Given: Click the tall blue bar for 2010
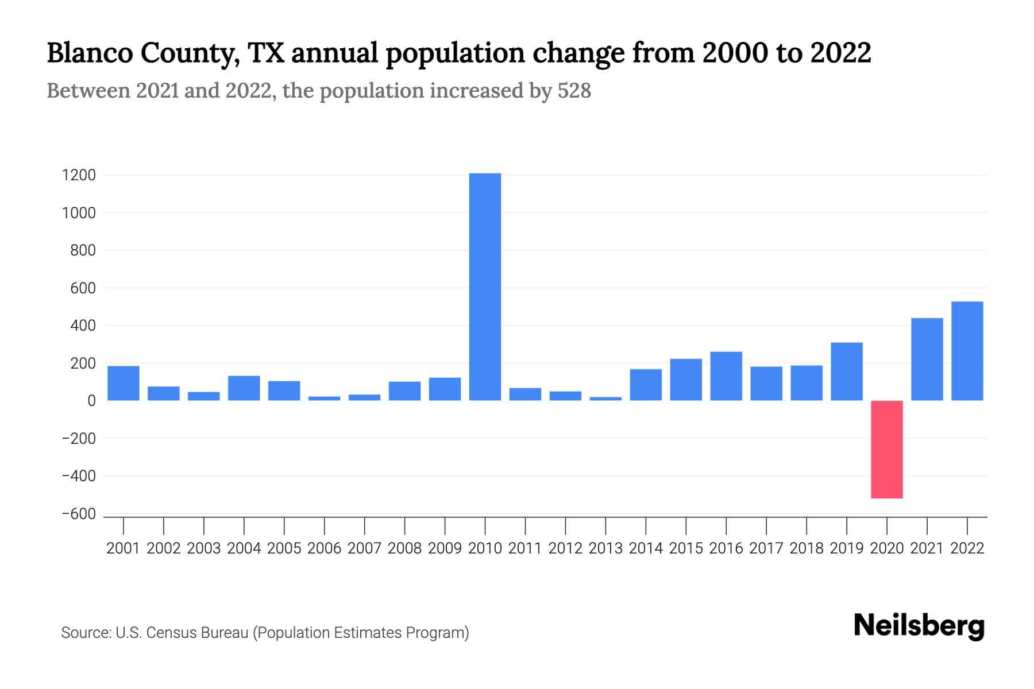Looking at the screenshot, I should pyautogui.click(x=485, y=287).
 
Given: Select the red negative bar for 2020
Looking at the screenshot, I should pyautogui.click(x=886, y=449).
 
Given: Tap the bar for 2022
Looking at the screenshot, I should pyautogui.click(x=967, y=351).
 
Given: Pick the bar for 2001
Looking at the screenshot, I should pyautogui.click(x=124, y=383).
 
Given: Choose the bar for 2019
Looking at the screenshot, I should pyautogui.click(x=846, y=371).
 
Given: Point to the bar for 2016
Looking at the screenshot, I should pyautogui.click(x=726, y=376).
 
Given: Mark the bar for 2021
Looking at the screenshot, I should pyautogui.click(x=927, y=359).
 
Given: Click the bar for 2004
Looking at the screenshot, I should pyautogui.click(x=244, y=388).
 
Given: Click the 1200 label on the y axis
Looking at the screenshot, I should pyautogui.click(x=79, y=175).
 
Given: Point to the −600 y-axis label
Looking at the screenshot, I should pyautogui.click(x=79, y=514).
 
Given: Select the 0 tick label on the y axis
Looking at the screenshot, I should pyautogui.click(x=91, y=401).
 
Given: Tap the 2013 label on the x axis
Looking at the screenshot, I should pyautogui.click(x=605, y=548).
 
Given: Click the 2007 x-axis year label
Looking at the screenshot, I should pyautogui.click(x=365, y=548).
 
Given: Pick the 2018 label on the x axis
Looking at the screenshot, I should pyautogui.click(x=807, y=548).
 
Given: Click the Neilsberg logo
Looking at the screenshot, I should pyautogui.click(x=919, y=626).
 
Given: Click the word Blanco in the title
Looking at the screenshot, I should pyautogui.click(x=91, y=53).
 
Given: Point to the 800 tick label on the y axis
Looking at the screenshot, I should pyautogui.click(x=83, y=250).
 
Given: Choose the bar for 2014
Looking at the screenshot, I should pyautogui.click(x=646, y=385).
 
